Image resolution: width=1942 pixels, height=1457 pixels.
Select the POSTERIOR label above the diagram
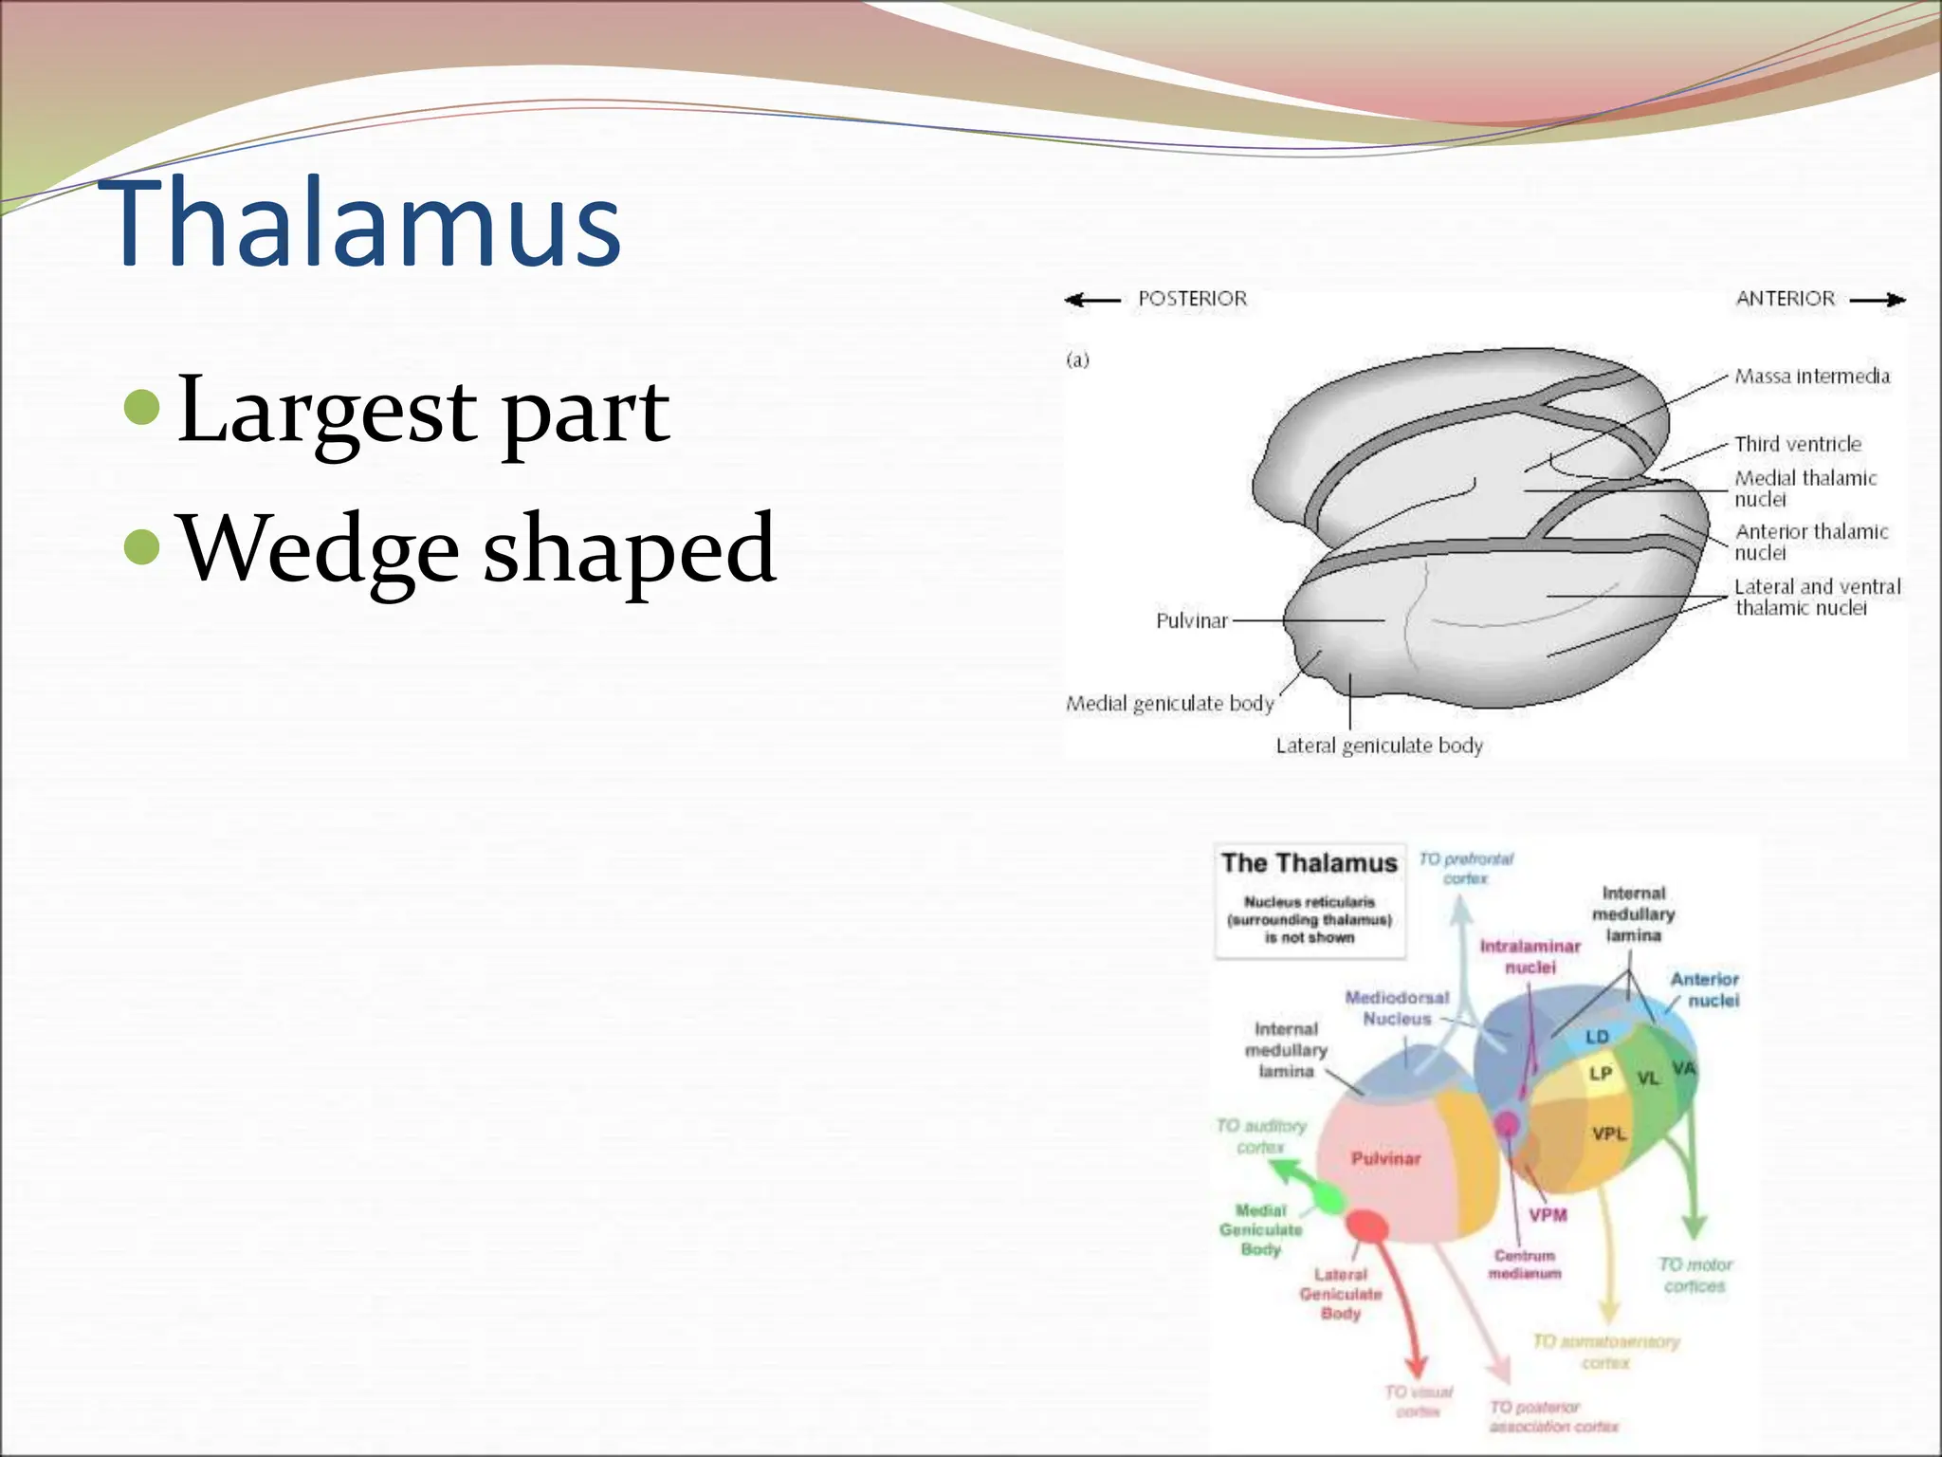1192,299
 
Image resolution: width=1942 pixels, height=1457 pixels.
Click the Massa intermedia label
1811,377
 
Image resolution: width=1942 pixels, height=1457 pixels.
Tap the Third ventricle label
1797,444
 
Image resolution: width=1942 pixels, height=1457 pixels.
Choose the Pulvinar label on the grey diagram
1191,621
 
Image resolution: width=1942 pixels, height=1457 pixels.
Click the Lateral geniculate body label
1379,746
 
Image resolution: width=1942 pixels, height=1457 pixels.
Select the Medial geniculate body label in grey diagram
1169,704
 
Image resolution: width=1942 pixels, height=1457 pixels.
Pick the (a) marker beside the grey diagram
1078,360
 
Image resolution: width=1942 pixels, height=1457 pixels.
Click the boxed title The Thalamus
1309,863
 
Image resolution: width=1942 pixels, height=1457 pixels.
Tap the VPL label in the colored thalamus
1609,1134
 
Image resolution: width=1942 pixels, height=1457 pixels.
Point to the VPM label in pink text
1548,1214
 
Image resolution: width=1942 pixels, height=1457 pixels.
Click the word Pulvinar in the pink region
1385,1158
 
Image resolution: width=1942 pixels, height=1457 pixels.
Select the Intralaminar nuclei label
1530,956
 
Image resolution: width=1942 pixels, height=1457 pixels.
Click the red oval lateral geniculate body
1367,1226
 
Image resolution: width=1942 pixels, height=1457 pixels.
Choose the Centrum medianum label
1524,1264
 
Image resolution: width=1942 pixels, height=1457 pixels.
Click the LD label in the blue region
1597,1037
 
